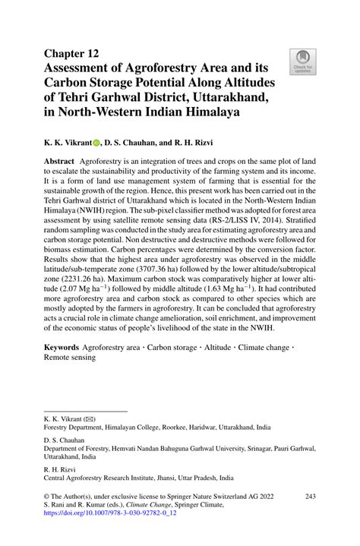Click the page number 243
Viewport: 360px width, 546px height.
[x=310, y=496]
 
